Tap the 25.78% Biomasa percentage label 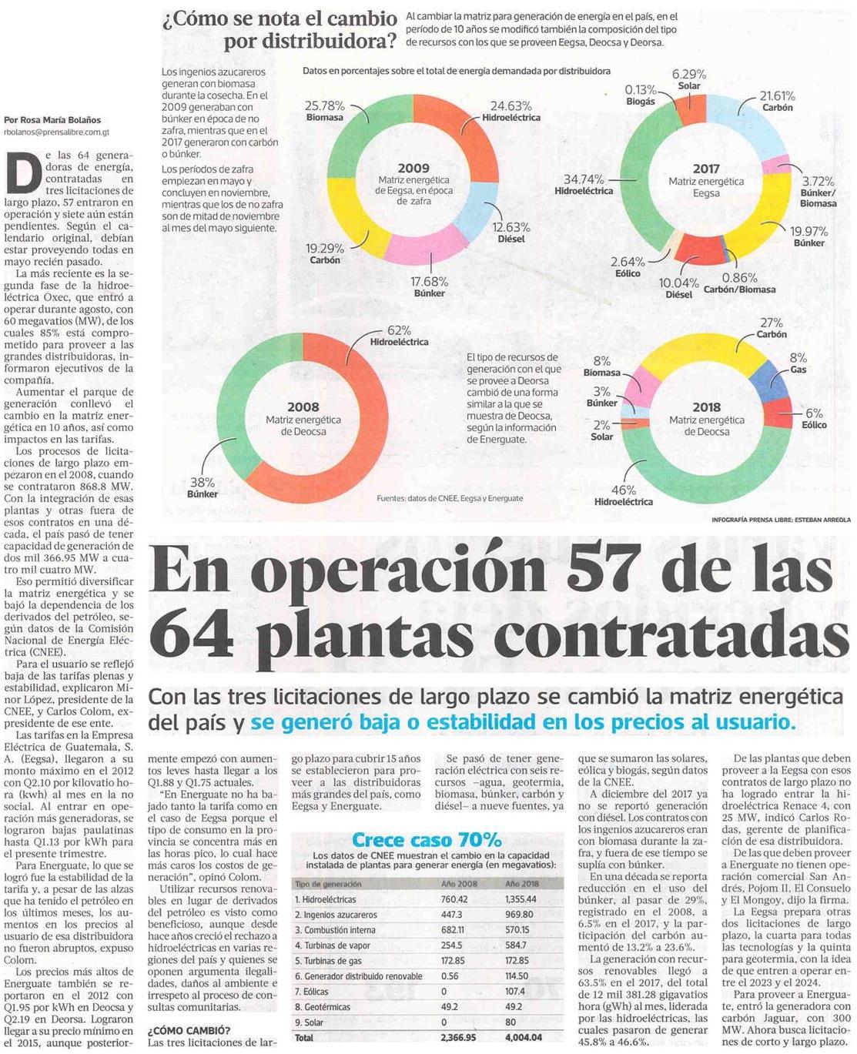pos(325,112)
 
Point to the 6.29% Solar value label pos(688,79)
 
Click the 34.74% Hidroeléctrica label pos(584,185)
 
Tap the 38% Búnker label pos(203,487)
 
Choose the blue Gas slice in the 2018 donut pos(769,380)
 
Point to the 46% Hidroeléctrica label pos(624,495)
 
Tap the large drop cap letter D pos(23,172)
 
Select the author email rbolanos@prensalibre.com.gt pos(56,132)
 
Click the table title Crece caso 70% pos(427,840)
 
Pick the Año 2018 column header pos(522,884)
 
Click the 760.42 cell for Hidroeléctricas pos(454,899)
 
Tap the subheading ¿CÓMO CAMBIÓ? pos(189,1031)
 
